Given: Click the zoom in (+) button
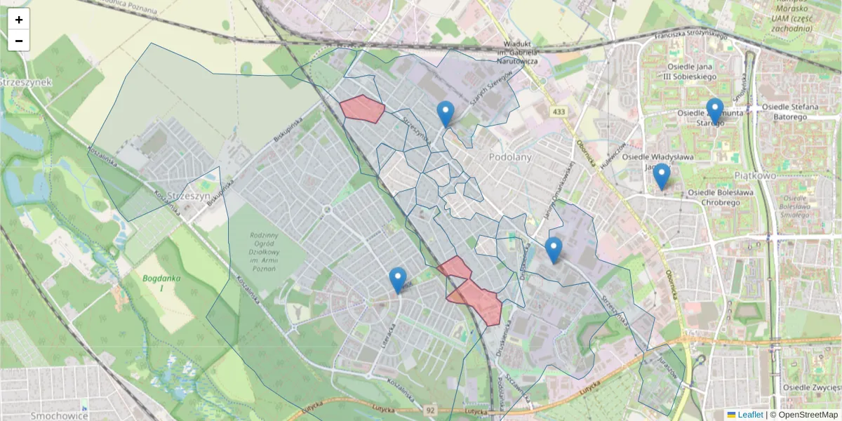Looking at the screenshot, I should click(x=19, y=20).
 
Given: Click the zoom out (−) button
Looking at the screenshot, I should click(x=19, y=41).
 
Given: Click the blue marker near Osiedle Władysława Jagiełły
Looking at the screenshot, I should click(x=661, y=177).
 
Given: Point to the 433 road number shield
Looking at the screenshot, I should click(x=559, y=112).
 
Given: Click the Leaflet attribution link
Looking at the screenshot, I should click(x=749, y=415).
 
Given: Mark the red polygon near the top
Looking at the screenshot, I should click(x=362, y=109).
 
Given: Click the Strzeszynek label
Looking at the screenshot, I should click(x=26, y=82).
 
